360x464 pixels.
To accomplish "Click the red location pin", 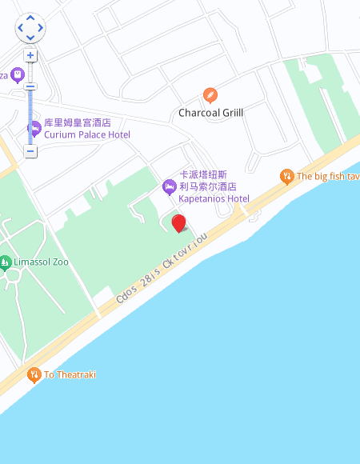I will (179, 222).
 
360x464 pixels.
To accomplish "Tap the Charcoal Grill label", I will (210, 113).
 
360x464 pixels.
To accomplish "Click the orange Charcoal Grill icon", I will (210, 95).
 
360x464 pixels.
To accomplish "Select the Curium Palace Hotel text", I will (87, 134).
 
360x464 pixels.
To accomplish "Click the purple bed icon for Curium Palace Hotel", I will (34, 128).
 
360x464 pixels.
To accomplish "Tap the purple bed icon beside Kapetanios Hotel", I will (169, 186).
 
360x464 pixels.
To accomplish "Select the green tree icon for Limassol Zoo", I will (6, 262).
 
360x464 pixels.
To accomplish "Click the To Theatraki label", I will (70, 374).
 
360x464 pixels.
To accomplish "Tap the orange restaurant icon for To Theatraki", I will (34, 374).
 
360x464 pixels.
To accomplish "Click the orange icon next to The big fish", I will (286, 176).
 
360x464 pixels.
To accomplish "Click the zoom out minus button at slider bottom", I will (30, 151).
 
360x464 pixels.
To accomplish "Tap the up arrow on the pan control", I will (30, 18).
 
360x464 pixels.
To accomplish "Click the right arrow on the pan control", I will (41, 28).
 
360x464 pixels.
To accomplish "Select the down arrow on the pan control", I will (30, 38).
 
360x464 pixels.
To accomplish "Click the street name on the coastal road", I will (162, 268).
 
